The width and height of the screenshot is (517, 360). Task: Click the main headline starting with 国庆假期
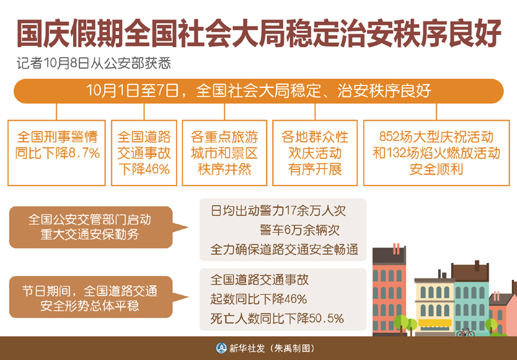[259, 34]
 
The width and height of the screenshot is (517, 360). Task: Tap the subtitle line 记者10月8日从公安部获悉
[94, 64]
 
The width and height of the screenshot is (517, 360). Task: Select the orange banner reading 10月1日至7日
[258, 91]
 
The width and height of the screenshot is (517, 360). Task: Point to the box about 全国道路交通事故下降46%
[144, 153]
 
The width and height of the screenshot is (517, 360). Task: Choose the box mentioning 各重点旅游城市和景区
[224, 153]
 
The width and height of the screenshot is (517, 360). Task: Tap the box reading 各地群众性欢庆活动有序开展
[315, 153]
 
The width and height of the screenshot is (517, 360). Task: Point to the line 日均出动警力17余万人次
[279, 211]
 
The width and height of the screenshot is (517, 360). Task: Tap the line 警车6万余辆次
[299, 231]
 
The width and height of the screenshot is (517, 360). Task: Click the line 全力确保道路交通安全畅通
[284, 249]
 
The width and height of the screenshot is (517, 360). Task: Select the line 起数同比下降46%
[259, 299]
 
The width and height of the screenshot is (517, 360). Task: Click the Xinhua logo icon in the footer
[221, 348]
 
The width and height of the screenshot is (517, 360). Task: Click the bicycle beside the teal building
[465, 332]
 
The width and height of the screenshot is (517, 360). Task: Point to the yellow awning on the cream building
[434, 323]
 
